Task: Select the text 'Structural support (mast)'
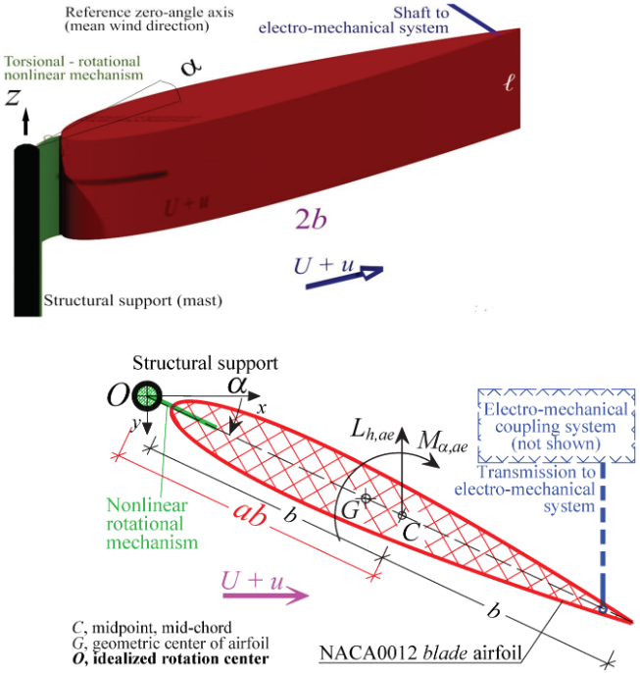point(133,299)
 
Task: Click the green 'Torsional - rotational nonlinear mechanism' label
point(74,67)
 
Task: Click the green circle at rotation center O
point(147,397)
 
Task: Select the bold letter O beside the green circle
point(119,397)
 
